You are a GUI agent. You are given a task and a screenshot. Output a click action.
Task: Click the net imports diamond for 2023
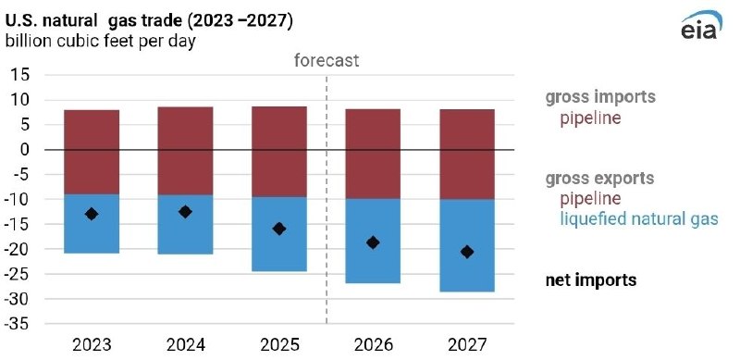(x=91, y=214)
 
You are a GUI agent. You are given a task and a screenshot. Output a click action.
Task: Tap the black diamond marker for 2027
(x=467, y=252)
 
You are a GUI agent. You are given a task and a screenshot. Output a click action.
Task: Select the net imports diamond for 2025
(x=279, y=229)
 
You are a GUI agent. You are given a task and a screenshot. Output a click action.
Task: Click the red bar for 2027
(x=467, y=154)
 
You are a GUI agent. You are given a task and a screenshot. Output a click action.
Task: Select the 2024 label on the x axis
(x=185, y=346)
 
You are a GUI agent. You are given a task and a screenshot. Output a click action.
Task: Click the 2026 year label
(x=373, y=346)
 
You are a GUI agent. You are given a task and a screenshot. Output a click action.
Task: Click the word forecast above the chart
(x=327, y=61)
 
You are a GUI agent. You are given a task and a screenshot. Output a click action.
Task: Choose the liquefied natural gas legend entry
(x=638, y=219)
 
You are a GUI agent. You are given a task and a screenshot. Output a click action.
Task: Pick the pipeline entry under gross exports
(x=588, y=198)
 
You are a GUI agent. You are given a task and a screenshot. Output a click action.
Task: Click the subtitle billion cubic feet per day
(x=101, y=42)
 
